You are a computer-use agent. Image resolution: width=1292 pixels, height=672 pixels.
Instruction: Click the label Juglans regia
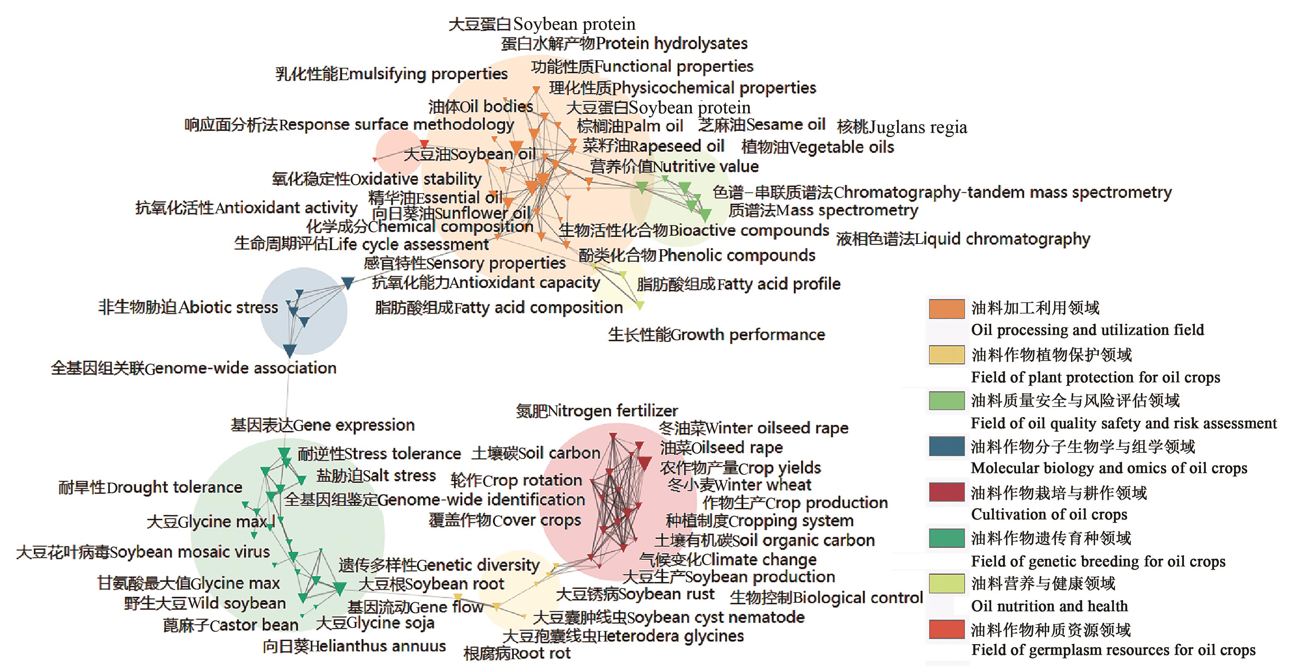902,127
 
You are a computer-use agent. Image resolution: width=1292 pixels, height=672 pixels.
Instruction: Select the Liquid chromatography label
963,239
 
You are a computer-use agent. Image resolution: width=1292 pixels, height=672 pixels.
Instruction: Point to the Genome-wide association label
193,368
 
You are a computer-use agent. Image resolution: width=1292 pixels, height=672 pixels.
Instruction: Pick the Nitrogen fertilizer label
597,411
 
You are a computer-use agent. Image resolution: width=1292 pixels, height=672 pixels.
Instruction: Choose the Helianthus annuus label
354,646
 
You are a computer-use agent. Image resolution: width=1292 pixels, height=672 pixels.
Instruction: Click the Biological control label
826,598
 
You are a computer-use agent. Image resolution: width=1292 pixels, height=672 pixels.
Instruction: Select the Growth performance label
716,335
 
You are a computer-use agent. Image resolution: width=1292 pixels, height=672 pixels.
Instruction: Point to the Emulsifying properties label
391,74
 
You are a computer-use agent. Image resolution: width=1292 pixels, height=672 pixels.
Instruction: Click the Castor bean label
231,625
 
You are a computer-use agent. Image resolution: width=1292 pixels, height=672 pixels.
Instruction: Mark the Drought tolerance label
151,487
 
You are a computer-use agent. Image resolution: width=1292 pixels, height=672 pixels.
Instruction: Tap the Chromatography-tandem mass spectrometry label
942,192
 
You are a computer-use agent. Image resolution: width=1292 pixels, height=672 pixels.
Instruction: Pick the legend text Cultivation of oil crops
1049,515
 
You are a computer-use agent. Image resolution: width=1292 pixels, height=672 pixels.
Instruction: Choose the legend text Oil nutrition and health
1049,606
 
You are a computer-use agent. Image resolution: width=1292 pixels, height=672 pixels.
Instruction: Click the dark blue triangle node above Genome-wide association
290,350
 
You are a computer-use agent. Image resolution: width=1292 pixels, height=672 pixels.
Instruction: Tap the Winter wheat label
739,485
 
